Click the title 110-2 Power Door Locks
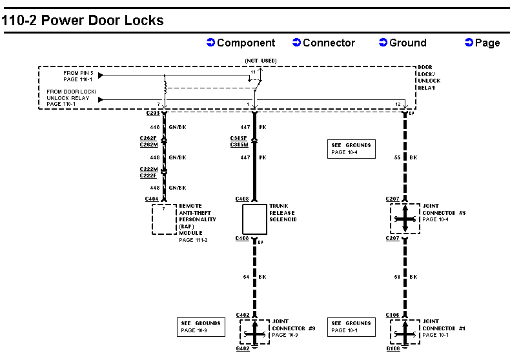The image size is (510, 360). pos(83,20)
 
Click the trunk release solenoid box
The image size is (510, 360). pos(254,219)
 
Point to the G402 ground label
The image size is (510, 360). pos(243,349)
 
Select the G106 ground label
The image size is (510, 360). pos(393,349)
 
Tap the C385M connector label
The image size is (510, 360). pos(240,145)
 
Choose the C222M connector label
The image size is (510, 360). pos(149,169)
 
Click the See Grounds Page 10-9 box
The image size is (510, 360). pos(201,326)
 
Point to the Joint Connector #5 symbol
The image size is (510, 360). pos(405,219)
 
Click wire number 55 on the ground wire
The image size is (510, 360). pos(396,157)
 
